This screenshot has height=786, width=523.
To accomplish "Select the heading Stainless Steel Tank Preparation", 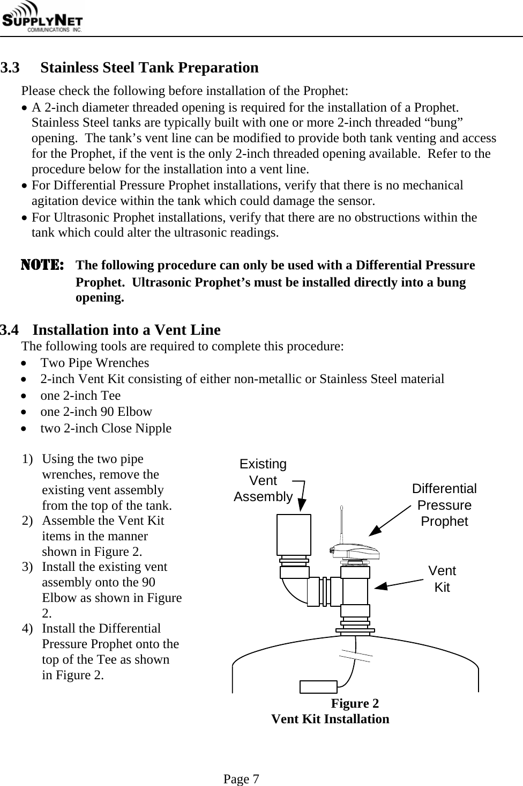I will click(x=150, y=68).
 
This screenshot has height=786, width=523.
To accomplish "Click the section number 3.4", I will click(x=10, y=329).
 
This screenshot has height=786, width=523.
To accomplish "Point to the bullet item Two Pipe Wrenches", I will click(x=95, y=363).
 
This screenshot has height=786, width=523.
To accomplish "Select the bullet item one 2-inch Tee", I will click(x=80, y=395).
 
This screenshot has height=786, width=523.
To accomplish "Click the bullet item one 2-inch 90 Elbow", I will click(x=96, y=412).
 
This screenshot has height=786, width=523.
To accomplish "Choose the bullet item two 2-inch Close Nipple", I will click(x=106, y=428).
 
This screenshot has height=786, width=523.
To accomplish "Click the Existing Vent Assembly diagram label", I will click(x=263, y=480).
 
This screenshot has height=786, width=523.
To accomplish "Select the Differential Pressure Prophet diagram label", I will click(x=444, y=505).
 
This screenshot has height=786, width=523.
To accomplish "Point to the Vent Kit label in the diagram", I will click(x=442, y=579).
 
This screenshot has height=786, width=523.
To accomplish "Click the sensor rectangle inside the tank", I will click(x=318, y=687).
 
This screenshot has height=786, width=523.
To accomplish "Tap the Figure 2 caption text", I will click(x=355, y=703).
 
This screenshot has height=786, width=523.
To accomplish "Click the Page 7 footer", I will click(x=242, y=778).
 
